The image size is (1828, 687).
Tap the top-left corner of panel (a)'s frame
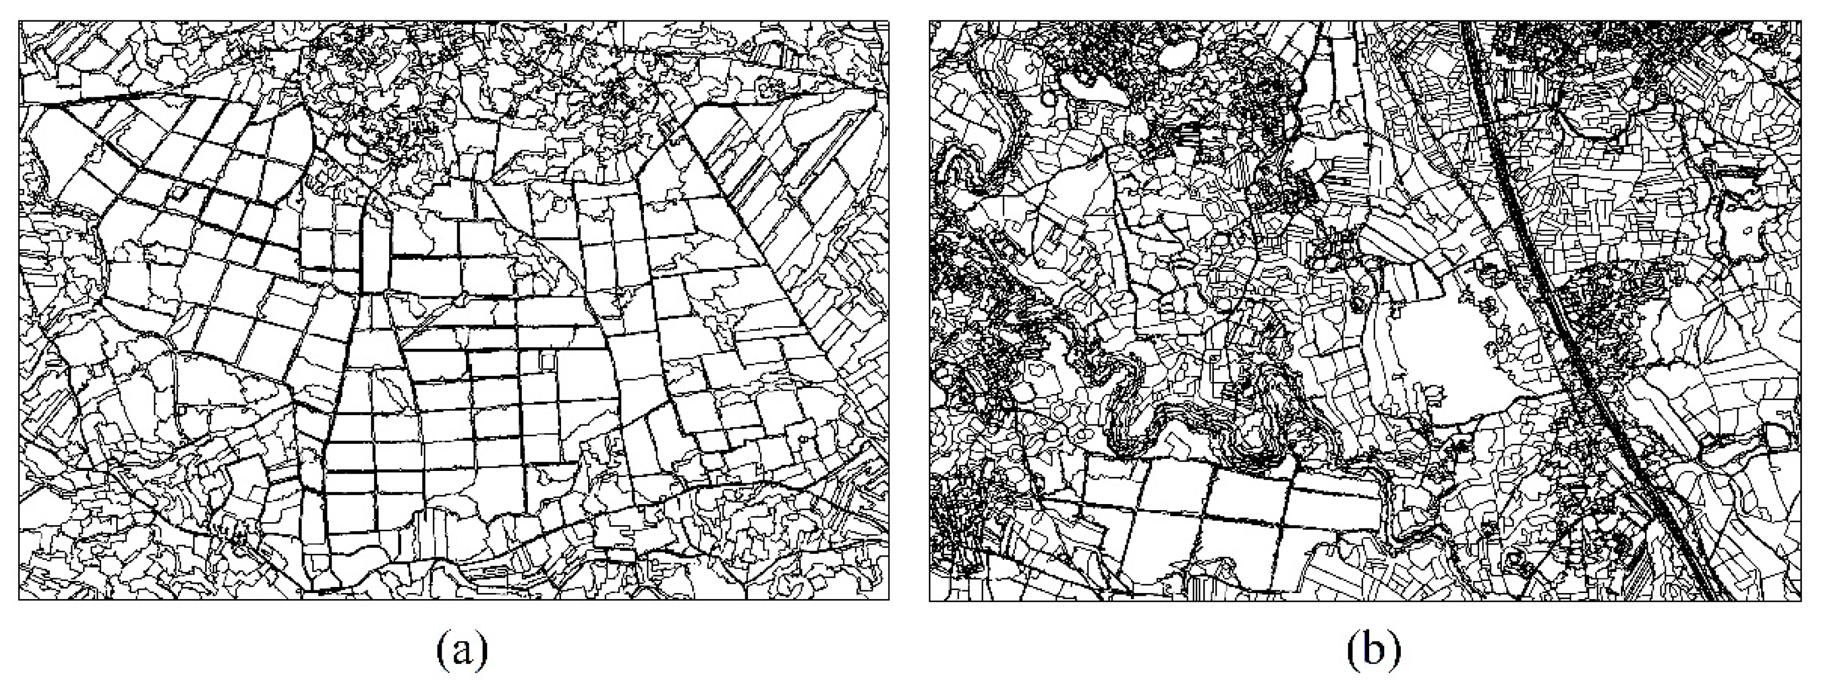click(x=19, y=22)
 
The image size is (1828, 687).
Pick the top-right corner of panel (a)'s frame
click(x=888, y=22)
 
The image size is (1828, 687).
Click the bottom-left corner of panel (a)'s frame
click(x=19, y=600)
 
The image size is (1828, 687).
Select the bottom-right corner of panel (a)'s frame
click(x=888, y=600)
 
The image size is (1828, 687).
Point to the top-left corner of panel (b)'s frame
click(x=930, y=22)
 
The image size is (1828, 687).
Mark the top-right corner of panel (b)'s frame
click(x=1800, y=22)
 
